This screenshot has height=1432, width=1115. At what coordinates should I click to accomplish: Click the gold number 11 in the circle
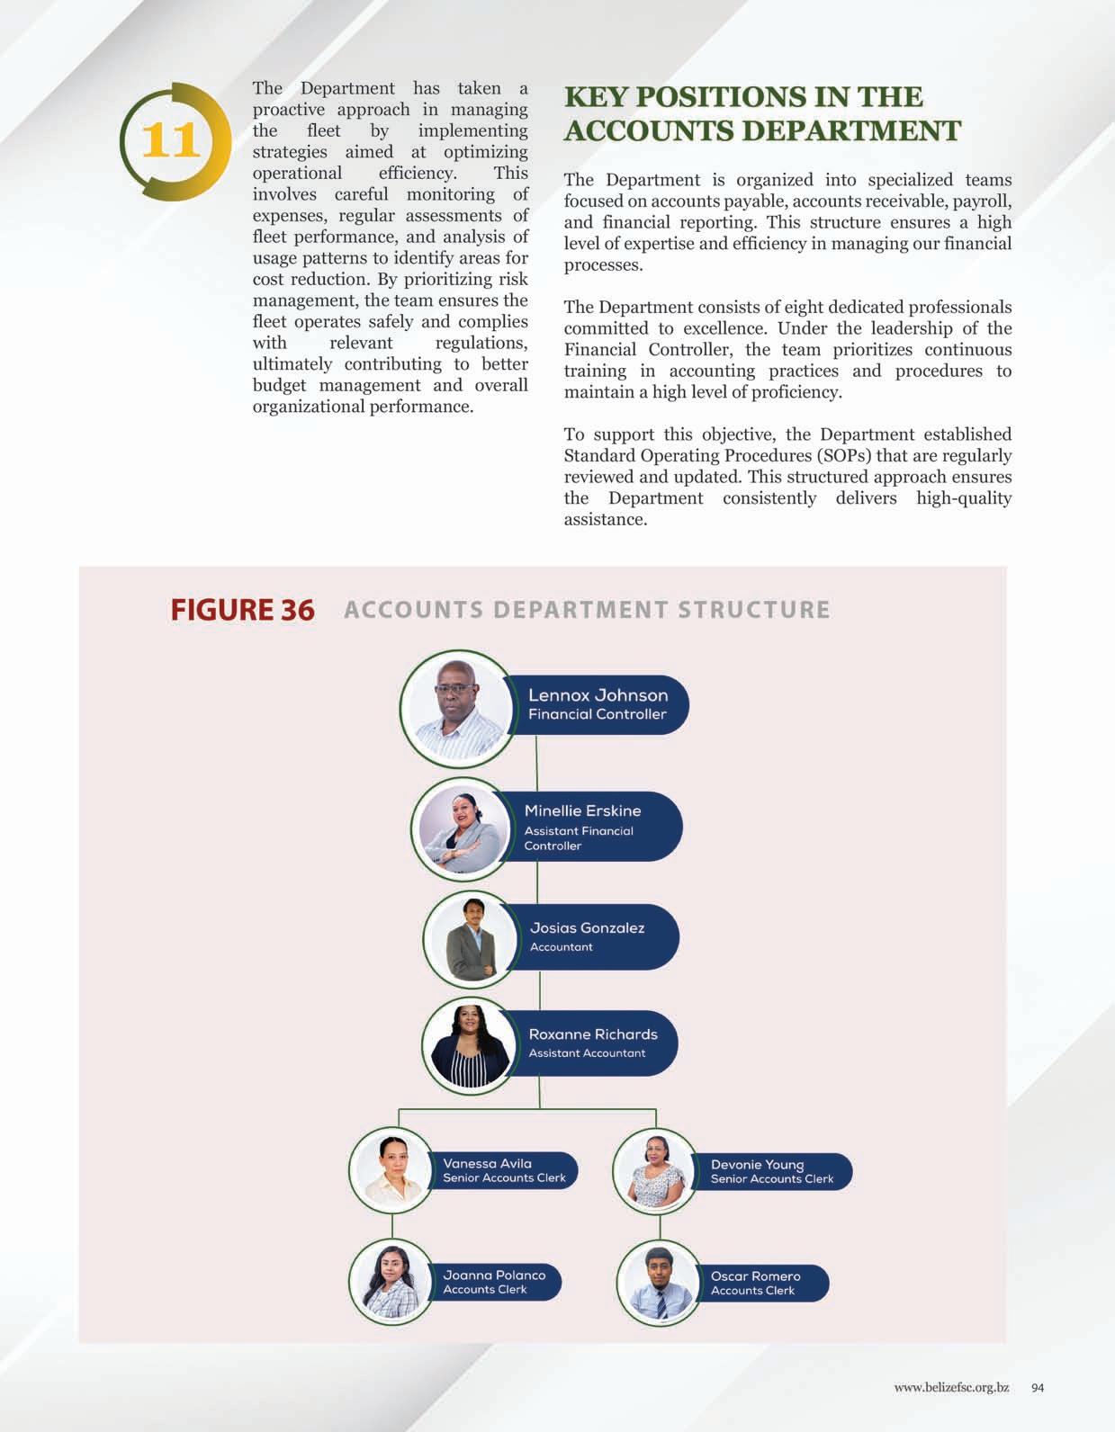tap(169, 140)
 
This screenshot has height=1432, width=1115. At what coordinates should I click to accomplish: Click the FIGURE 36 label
tap(242, 610)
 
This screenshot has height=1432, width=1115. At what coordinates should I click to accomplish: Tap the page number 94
tap(1038, 1388)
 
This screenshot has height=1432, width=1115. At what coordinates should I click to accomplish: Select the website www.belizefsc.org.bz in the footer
tap(951, 1388)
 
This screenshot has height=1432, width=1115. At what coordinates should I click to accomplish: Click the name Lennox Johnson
tap(598, 695)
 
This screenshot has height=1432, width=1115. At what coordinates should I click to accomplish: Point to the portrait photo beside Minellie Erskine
tap(460, 828)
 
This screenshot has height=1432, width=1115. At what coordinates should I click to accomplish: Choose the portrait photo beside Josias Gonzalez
tap(471, 939)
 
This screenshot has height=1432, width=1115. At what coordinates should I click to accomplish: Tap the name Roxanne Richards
tap(593, 1034)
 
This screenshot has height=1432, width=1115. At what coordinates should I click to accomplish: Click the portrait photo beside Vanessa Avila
tap(391, 1170)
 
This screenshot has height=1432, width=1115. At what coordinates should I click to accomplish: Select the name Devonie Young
tap(757, 1164)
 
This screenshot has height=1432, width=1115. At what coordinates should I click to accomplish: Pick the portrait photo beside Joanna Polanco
tap(391, 1281)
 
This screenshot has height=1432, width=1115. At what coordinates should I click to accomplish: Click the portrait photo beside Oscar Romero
tap(659, 1283)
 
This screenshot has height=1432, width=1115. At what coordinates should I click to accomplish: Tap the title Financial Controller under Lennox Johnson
tap(598, 714)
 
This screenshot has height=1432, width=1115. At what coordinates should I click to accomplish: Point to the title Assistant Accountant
tap(587, 1053)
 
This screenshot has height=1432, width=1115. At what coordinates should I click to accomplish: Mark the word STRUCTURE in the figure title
tap(753, 610)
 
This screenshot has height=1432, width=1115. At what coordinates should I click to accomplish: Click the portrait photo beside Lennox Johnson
tap(454, 704)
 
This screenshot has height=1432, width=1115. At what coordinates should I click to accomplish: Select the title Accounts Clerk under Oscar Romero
tap(752, 1291)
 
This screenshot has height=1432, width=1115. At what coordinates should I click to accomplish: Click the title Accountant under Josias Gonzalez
tap(562, 947)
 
